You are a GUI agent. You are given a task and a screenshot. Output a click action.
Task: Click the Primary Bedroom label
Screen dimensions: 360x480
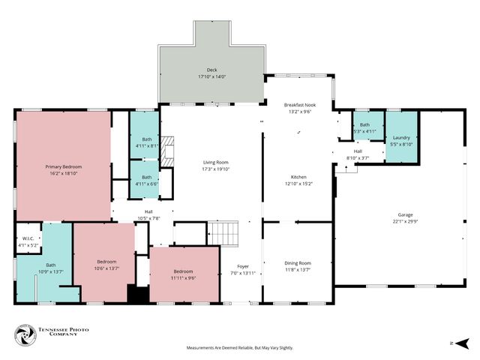(63, 166)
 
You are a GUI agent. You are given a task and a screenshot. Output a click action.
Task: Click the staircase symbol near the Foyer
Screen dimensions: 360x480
(223, 233)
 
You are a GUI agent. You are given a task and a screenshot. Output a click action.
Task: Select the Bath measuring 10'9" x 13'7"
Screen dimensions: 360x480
(50, 268)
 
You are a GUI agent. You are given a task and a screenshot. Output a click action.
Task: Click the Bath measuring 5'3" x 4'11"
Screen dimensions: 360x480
(364, 127)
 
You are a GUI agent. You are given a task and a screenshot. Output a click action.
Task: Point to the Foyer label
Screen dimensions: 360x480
(243, 265)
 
